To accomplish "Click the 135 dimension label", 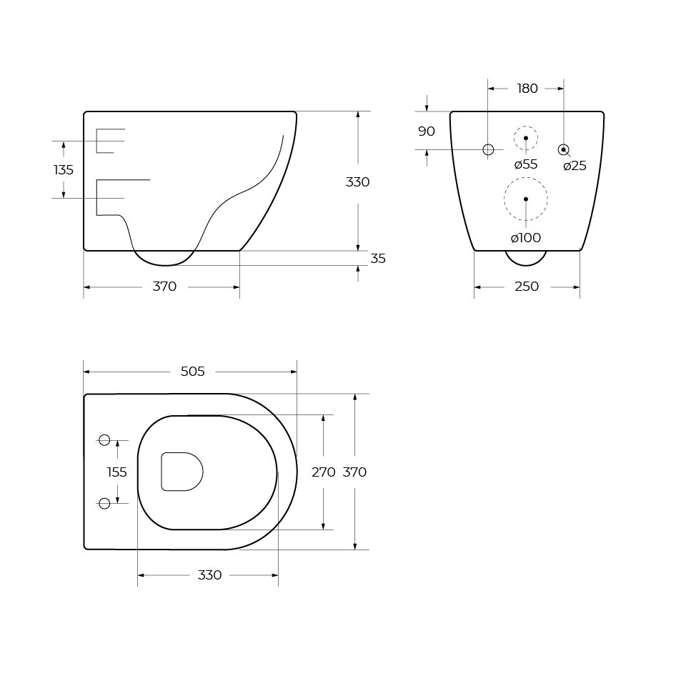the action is (x=64, y=170).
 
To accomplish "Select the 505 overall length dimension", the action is (x=193, y=371).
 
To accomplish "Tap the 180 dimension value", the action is (x=527, y=89).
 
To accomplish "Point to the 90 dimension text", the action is (x=427, y=131).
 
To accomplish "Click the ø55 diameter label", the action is (x=526, y=164).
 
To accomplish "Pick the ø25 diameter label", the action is (x=575, y=166).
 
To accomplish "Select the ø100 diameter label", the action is (x=526, y=237).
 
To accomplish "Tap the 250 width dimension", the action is (x=527, y=287).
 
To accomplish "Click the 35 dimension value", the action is (x=378, y=258).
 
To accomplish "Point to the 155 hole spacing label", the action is (x=116, y=472).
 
